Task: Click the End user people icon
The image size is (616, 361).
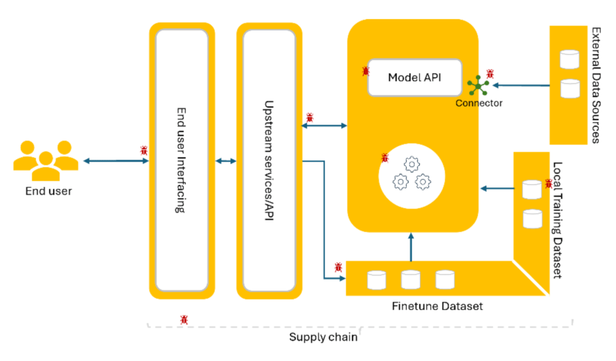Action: pyautogui.click(x=45, y=160)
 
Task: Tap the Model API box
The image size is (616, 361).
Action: pyautogui.click(x=414, y=77)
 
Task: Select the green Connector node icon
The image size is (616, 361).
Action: pyautogui.click(x=479, y=86)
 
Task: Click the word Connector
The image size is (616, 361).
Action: pyautogui.click(x=479, y=103)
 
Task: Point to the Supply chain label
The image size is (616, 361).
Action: pyautogui.click(x=323, y=337)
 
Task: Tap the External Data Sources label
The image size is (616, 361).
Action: pyautogui.click(x=595, y=85)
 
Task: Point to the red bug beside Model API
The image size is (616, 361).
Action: pyautogui.click(x=366, y=71)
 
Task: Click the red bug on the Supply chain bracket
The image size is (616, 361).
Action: pyautogui.click(x=184, y=320)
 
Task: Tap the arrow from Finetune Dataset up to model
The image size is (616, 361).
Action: pyautogui.click(x=411, y=247)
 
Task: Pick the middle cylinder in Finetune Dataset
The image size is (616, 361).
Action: pyautogui.click(x=411, y=279)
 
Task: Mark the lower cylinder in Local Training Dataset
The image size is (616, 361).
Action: pyautogui.click(x=532, y=219)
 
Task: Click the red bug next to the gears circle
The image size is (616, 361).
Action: pyautogui.click(x=385, y=158)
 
